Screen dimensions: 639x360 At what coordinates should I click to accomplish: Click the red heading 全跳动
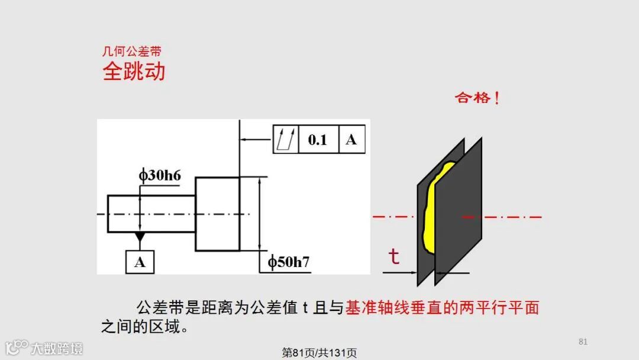(134, 72)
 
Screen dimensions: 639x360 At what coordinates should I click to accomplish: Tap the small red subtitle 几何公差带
(131, 52)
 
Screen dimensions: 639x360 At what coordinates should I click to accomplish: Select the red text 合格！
(477, 98)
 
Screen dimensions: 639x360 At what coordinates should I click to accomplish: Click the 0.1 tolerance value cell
(318, 140)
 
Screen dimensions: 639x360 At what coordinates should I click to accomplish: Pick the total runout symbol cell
(285, 140)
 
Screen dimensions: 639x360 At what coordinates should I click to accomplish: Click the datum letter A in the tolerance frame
(351, 140)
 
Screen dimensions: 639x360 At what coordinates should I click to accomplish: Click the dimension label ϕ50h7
(288, 262)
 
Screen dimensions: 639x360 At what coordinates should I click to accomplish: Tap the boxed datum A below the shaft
(140, 262)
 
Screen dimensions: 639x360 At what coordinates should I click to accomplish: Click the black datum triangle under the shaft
(140, 237)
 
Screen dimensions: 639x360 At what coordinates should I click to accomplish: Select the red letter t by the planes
(393, 256)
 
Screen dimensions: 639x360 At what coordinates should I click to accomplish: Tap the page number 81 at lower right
(583, 342)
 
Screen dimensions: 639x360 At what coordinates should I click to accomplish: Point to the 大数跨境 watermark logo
(44, 348)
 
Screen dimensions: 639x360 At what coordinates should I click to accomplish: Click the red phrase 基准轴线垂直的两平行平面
(442, 308)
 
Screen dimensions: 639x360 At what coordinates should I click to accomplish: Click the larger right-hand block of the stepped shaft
(217, 214)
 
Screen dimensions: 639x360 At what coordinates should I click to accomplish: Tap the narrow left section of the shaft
(151, 214)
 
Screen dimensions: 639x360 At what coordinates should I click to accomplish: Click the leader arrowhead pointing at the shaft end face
(243, 140)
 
